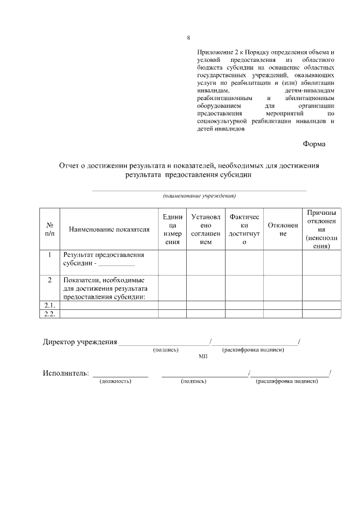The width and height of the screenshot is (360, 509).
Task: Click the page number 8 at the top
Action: [x=188, y=38]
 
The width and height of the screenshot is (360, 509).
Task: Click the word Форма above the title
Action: [x=314, y=143]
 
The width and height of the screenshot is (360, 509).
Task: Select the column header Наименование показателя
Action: [x=109, y=229]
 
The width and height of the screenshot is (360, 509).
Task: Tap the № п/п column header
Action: [x=49, y=229]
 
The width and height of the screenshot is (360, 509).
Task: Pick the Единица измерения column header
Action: [x=172, y=229]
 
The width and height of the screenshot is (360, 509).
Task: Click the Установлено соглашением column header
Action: [x=206, y=229]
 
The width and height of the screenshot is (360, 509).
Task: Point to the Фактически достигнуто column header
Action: [x=244, y=229]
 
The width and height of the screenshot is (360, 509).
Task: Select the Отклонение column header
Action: [x=283, y=229]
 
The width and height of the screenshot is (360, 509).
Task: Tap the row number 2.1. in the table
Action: [x=49, y=305]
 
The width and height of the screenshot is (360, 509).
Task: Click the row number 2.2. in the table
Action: [x=49, y=314]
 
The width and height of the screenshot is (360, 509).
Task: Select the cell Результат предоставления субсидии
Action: [x=103, y=259]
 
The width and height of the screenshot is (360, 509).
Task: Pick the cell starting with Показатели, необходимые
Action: [x=105, y=288]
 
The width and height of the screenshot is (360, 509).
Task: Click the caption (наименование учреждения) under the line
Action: [x=199, y=196]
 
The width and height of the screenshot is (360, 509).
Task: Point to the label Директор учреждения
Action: [x=80, y=342]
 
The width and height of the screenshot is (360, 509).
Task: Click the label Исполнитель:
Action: [x=66, y=373]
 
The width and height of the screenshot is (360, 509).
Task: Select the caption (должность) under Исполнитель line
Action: [x=115, y=381]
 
